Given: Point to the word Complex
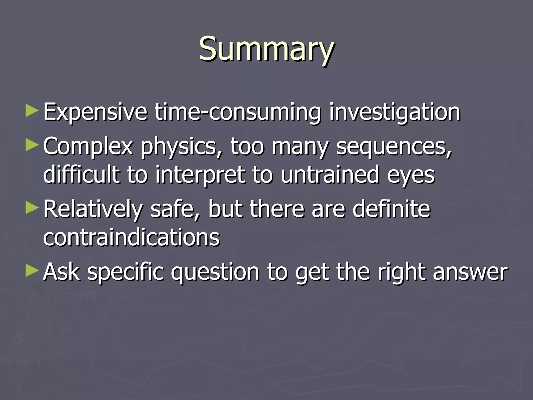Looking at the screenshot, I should point(88,146).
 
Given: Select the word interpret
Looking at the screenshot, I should point(200,175).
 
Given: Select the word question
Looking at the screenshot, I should point(215,272).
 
